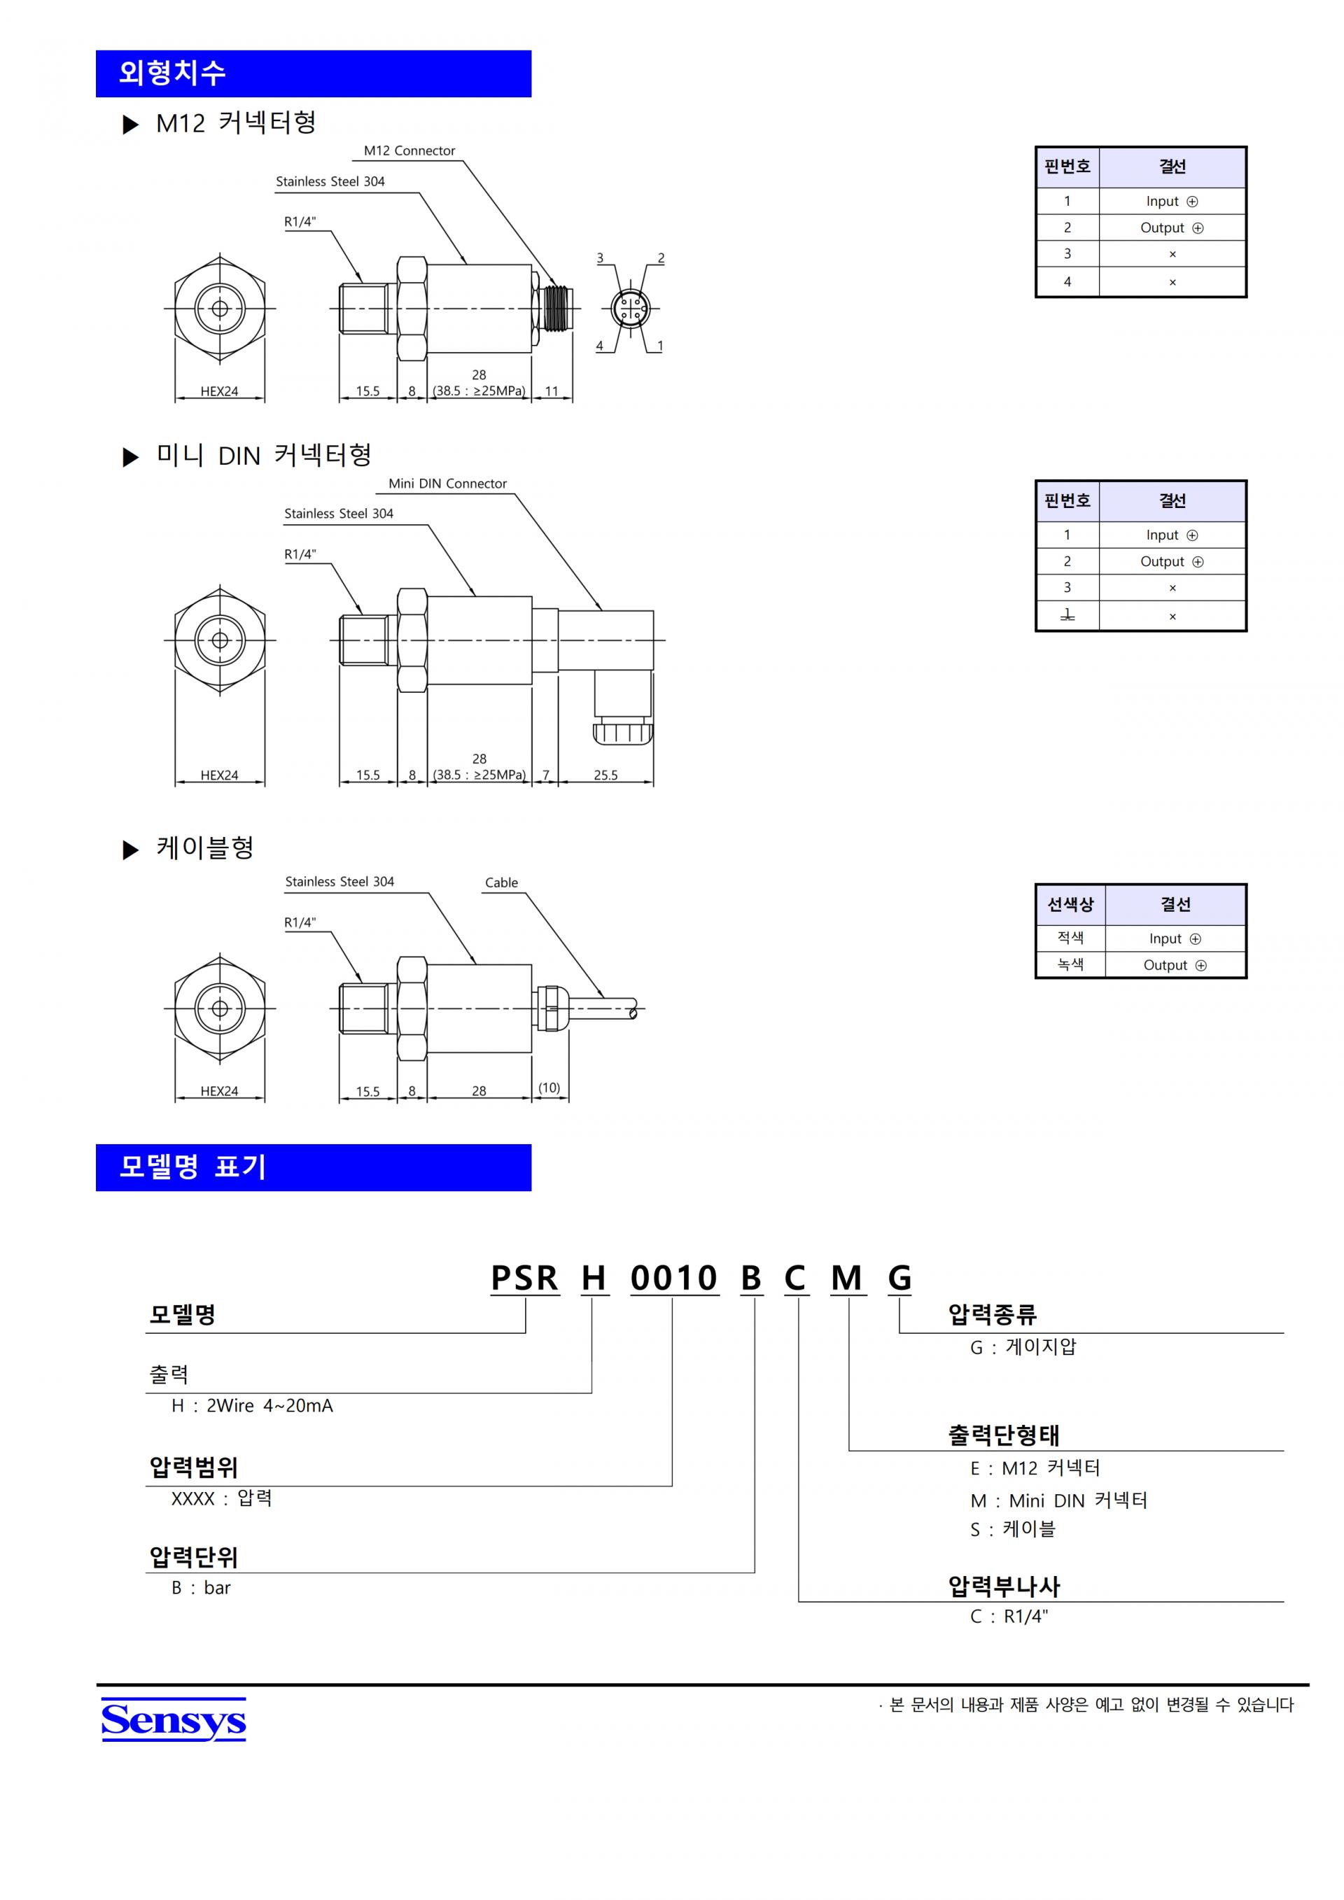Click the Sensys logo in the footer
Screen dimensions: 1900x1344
click(x=173, y=1720)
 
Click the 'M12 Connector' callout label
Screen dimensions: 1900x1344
click(x=409, y=150)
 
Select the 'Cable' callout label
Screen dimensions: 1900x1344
click(x=500, y=882)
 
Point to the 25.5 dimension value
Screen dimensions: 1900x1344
click(x=605, y=775)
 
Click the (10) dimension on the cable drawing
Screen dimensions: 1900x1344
click(x=549, y=1088)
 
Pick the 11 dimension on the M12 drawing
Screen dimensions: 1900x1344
click(x=551, y=390)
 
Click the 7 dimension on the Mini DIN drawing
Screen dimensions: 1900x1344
click(x=545, y=775)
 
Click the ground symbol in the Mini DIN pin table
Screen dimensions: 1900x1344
click(x=1067, y=615)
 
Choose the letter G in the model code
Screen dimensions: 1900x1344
click(x=899, y=1278)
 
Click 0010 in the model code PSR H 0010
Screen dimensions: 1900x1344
click(x=673, y=1278)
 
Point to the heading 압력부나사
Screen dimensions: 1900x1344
click(x=1003, y=1586)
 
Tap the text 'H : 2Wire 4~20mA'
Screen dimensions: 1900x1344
click(x=251, y=1406)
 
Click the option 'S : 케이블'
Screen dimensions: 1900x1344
click(x=1012, y=1529)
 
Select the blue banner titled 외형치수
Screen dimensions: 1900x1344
click(x=313, y=73)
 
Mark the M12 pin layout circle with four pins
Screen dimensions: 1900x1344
click(x=631, y=309)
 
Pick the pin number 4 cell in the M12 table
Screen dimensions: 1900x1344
click(x=1067, y=281)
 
